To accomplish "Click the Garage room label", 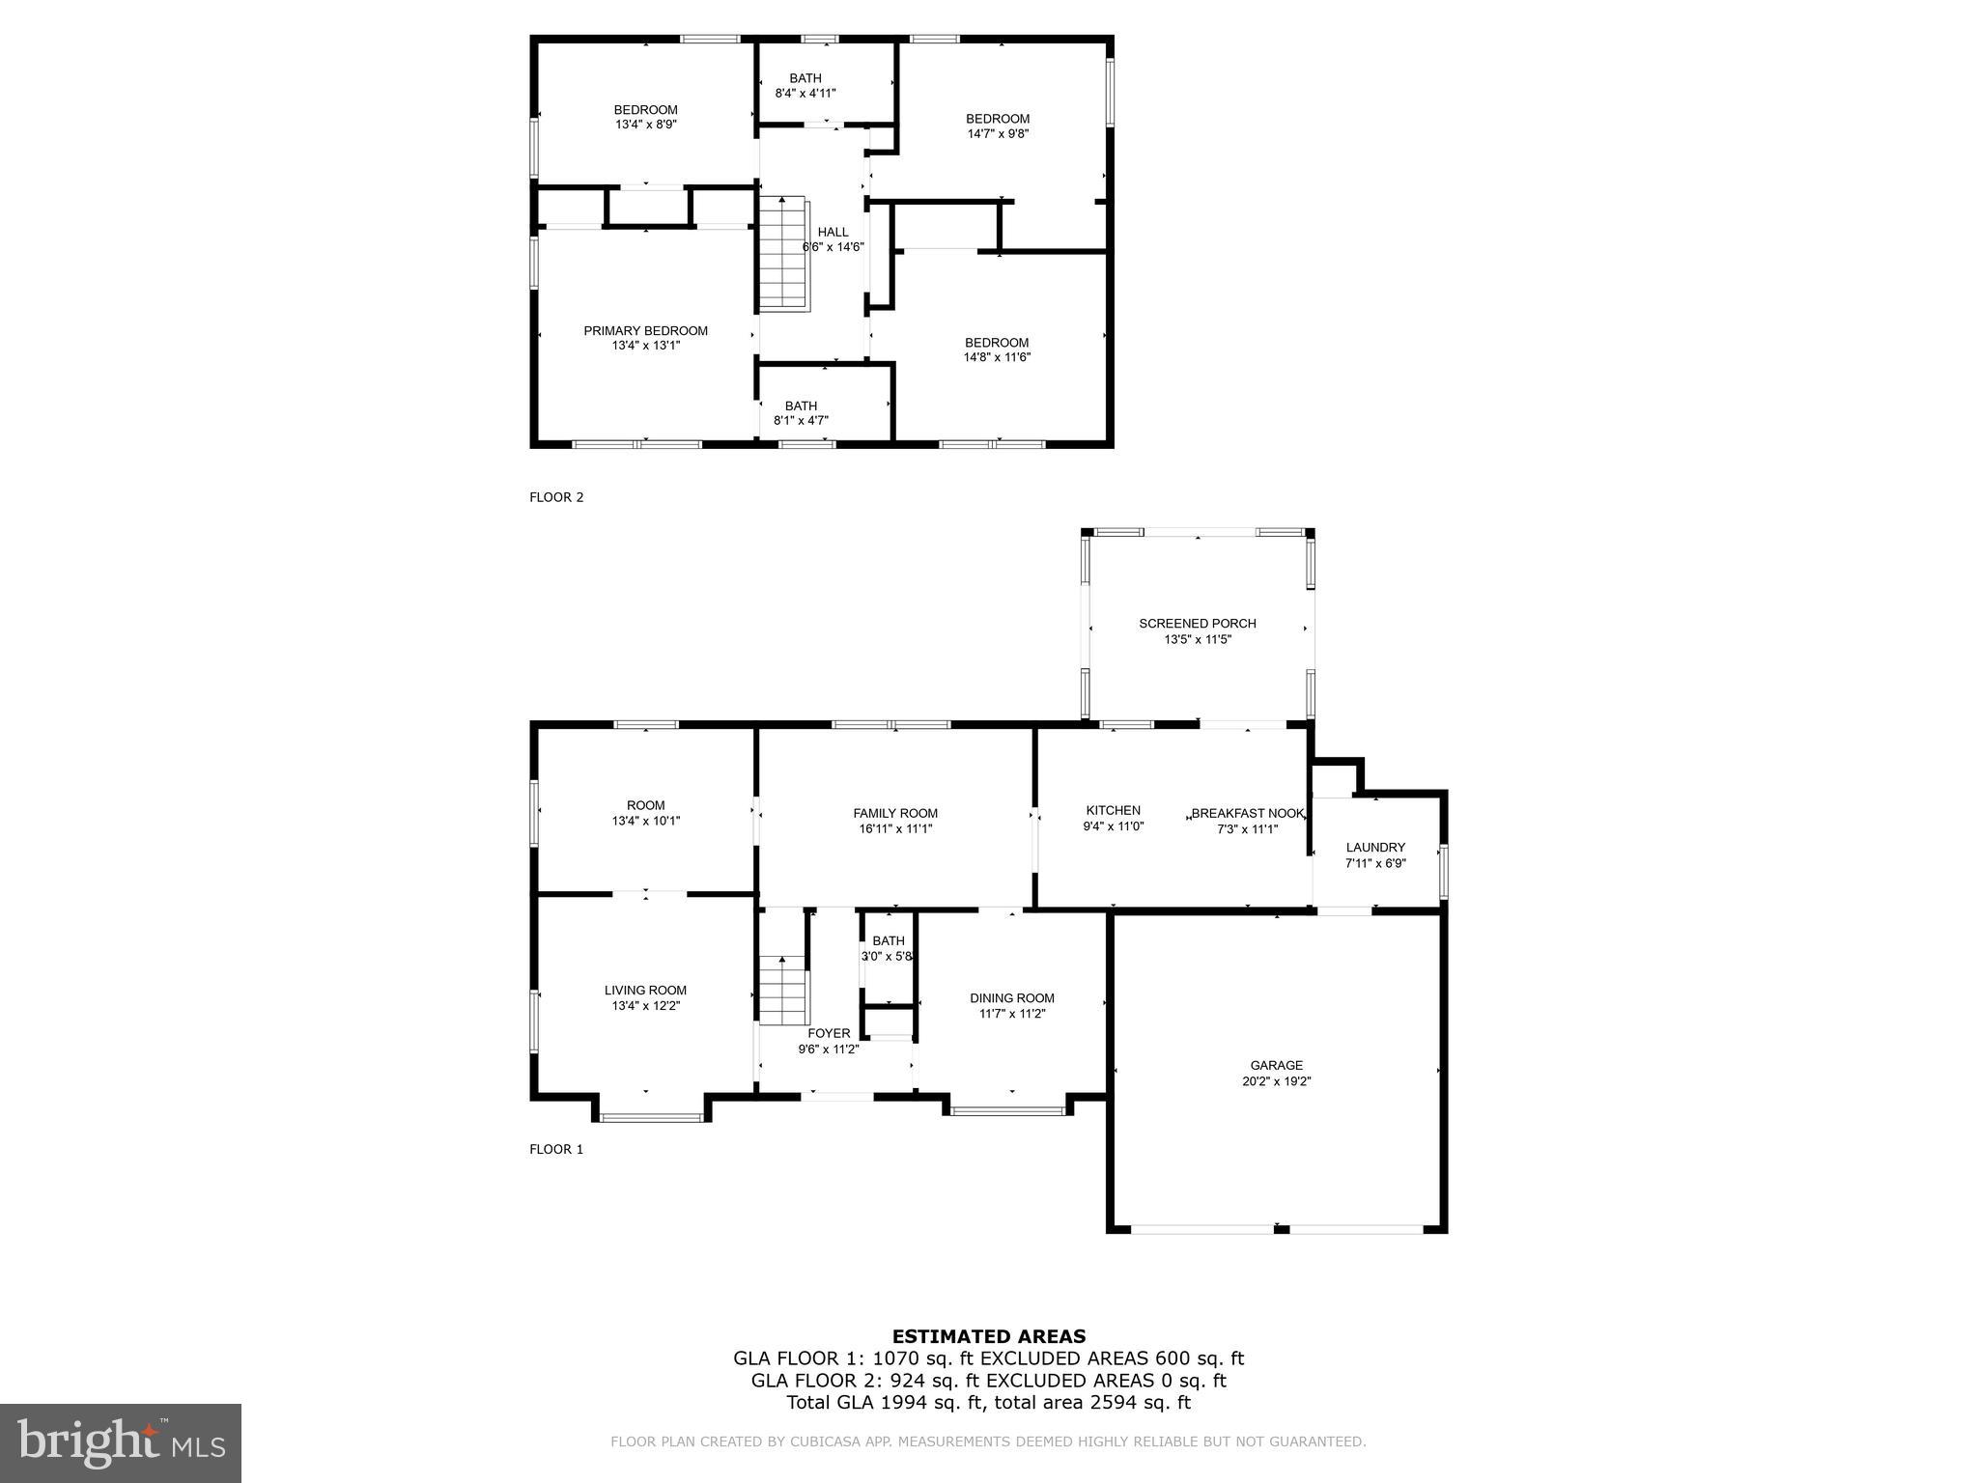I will click(x=1276, y=1065).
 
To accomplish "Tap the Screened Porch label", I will click(x=1197, y=624).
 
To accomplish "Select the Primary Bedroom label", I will click(x=645, y=331).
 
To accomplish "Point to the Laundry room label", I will click(x=1375, y=848).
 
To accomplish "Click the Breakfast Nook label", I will click(x=1247, y=813).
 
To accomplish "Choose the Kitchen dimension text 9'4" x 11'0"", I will click(x=1113, y=826).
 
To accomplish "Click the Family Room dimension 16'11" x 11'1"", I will click(x=895, y=828).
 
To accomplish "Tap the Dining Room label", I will click(x=1012, y=998).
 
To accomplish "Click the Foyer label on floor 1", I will click(x=829, y=1033).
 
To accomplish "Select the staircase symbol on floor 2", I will click(x=781, y=253).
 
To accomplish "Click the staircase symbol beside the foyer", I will click(x=781, y=990).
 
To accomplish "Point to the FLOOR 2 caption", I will click(x=556, y=497).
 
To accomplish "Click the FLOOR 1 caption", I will click(x=556, y=1149).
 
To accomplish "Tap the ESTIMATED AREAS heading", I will click(x=988, y=1336).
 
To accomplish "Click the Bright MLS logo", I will click(x=121, y=1443).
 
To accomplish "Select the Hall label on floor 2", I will click(x=833, y=232).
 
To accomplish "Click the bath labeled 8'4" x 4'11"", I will click(x=805, y=86).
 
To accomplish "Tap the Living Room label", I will click(x=645, y=990).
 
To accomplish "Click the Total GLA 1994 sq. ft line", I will click(x=988, y=1403).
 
